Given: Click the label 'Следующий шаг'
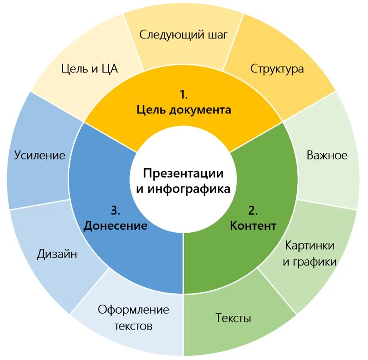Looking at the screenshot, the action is tap(183, 35).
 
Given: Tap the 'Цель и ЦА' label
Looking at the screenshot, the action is tap(90, 69).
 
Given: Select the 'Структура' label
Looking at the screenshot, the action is tap(277, 69).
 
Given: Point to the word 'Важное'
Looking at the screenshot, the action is tap(327, 155).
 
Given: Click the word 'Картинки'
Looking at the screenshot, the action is tap(309, 245).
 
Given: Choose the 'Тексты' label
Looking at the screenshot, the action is tap(233, 318).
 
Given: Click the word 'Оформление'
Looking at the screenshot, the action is tap(133, 310).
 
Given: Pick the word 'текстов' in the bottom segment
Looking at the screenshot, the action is tap(133, 326).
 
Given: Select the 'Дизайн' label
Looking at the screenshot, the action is tap(57, 254).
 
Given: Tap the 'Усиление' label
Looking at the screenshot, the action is tap(39, 155).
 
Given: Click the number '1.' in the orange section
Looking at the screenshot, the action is tap(184, 95).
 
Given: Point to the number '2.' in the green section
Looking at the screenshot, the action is tap(253, 210).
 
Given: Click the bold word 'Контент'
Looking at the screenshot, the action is tap(253, 226).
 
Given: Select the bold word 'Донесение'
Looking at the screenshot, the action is tap(115, 226).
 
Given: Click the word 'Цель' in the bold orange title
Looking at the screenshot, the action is tap(151, 110).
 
